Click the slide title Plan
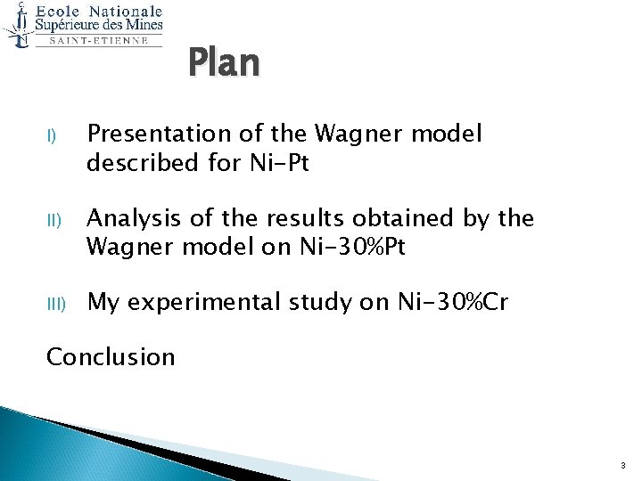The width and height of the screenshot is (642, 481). point(224,64)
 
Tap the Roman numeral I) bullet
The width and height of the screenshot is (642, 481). point(52,136)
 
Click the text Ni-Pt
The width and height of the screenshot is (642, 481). point(276,164)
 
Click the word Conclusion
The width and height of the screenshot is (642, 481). point(111,357)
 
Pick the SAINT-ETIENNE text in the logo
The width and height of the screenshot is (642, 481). point(98,40)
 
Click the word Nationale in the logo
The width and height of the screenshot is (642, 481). point(124,12)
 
